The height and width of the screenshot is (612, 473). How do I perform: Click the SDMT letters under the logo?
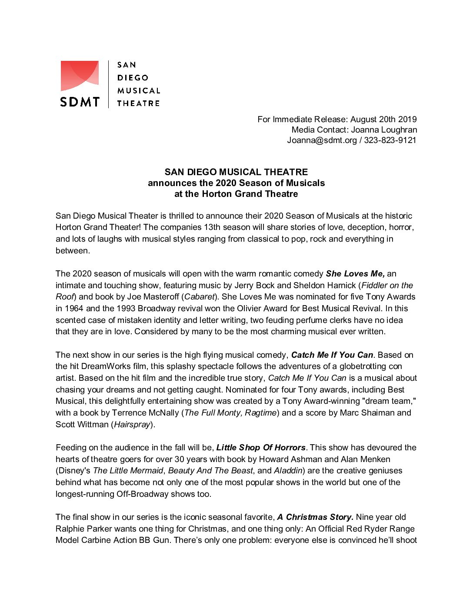click(80, 102)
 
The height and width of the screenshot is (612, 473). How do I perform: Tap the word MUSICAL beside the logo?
click(139, 91)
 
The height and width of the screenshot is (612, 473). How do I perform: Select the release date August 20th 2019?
click(383, 119)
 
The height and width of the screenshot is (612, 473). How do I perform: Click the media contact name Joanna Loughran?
click(384, 130)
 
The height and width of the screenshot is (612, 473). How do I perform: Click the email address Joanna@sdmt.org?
click(322, 140)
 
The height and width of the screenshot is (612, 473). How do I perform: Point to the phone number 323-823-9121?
click(390, 140)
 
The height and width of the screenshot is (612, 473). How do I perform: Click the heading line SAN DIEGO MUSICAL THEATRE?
click(236, 172)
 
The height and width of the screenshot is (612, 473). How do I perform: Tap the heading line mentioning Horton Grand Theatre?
click(236, 194)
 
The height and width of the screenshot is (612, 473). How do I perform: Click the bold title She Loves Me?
click(355, 274)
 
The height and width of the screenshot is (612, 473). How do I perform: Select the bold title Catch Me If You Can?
click(332, 355)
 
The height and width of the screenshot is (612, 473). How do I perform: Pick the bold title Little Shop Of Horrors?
click(261, 448)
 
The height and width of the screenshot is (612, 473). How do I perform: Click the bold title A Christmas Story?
click(315, 517)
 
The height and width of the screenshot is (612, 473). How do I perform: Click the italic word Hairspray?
click(132, 424)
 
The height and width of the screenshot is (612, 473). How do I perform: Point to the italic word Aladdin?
click(288, 471)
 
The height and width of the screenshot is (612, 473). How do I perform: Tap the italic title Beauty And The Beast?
click(210, 471)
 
